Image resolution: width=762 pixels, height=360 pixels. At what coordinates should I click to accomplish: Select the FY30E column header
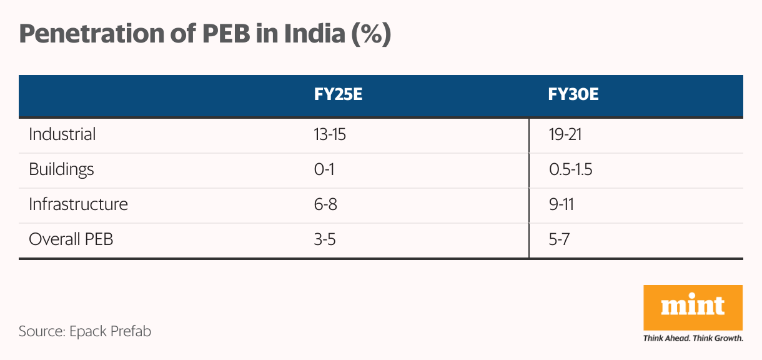coord(573,96)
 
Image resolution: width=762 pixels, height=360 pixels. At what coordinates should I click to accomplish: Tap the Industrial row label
coord(62,134)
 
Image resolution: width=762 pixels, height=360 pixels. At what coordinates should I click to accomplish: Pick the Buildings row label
coord(61,169)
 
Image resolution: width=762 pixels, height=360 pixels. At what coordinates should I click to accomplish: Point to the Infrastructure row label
coord(78,204)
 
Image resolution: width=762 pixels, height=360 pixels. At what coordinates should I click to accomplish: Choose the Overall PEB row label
coord(71,239)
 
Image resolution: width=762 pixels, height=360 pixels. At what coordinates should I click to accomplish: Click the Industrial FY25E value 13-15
coord(330,134)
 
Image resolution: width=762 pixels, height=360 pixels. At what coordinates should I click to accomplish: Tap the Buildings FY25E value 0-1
coord(325,169)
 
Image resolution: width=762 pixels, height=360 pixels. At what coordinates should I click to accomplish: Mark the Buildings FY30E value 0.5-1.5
coord(570,169)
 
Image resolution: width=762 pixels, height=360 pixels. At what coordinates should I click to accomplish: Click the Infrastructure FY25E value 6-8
coord(326,204)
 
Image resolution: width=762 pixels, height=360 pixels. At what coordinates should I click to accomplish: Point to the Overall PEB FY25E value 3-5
coord(325,239)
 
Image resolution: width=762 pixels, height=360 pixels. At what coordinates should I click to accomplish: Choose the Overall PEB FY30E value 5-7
coord(560,239)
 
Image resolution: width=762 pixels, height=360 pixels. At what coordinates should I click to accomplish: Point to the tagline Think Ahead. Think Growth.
coord(693,339)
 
